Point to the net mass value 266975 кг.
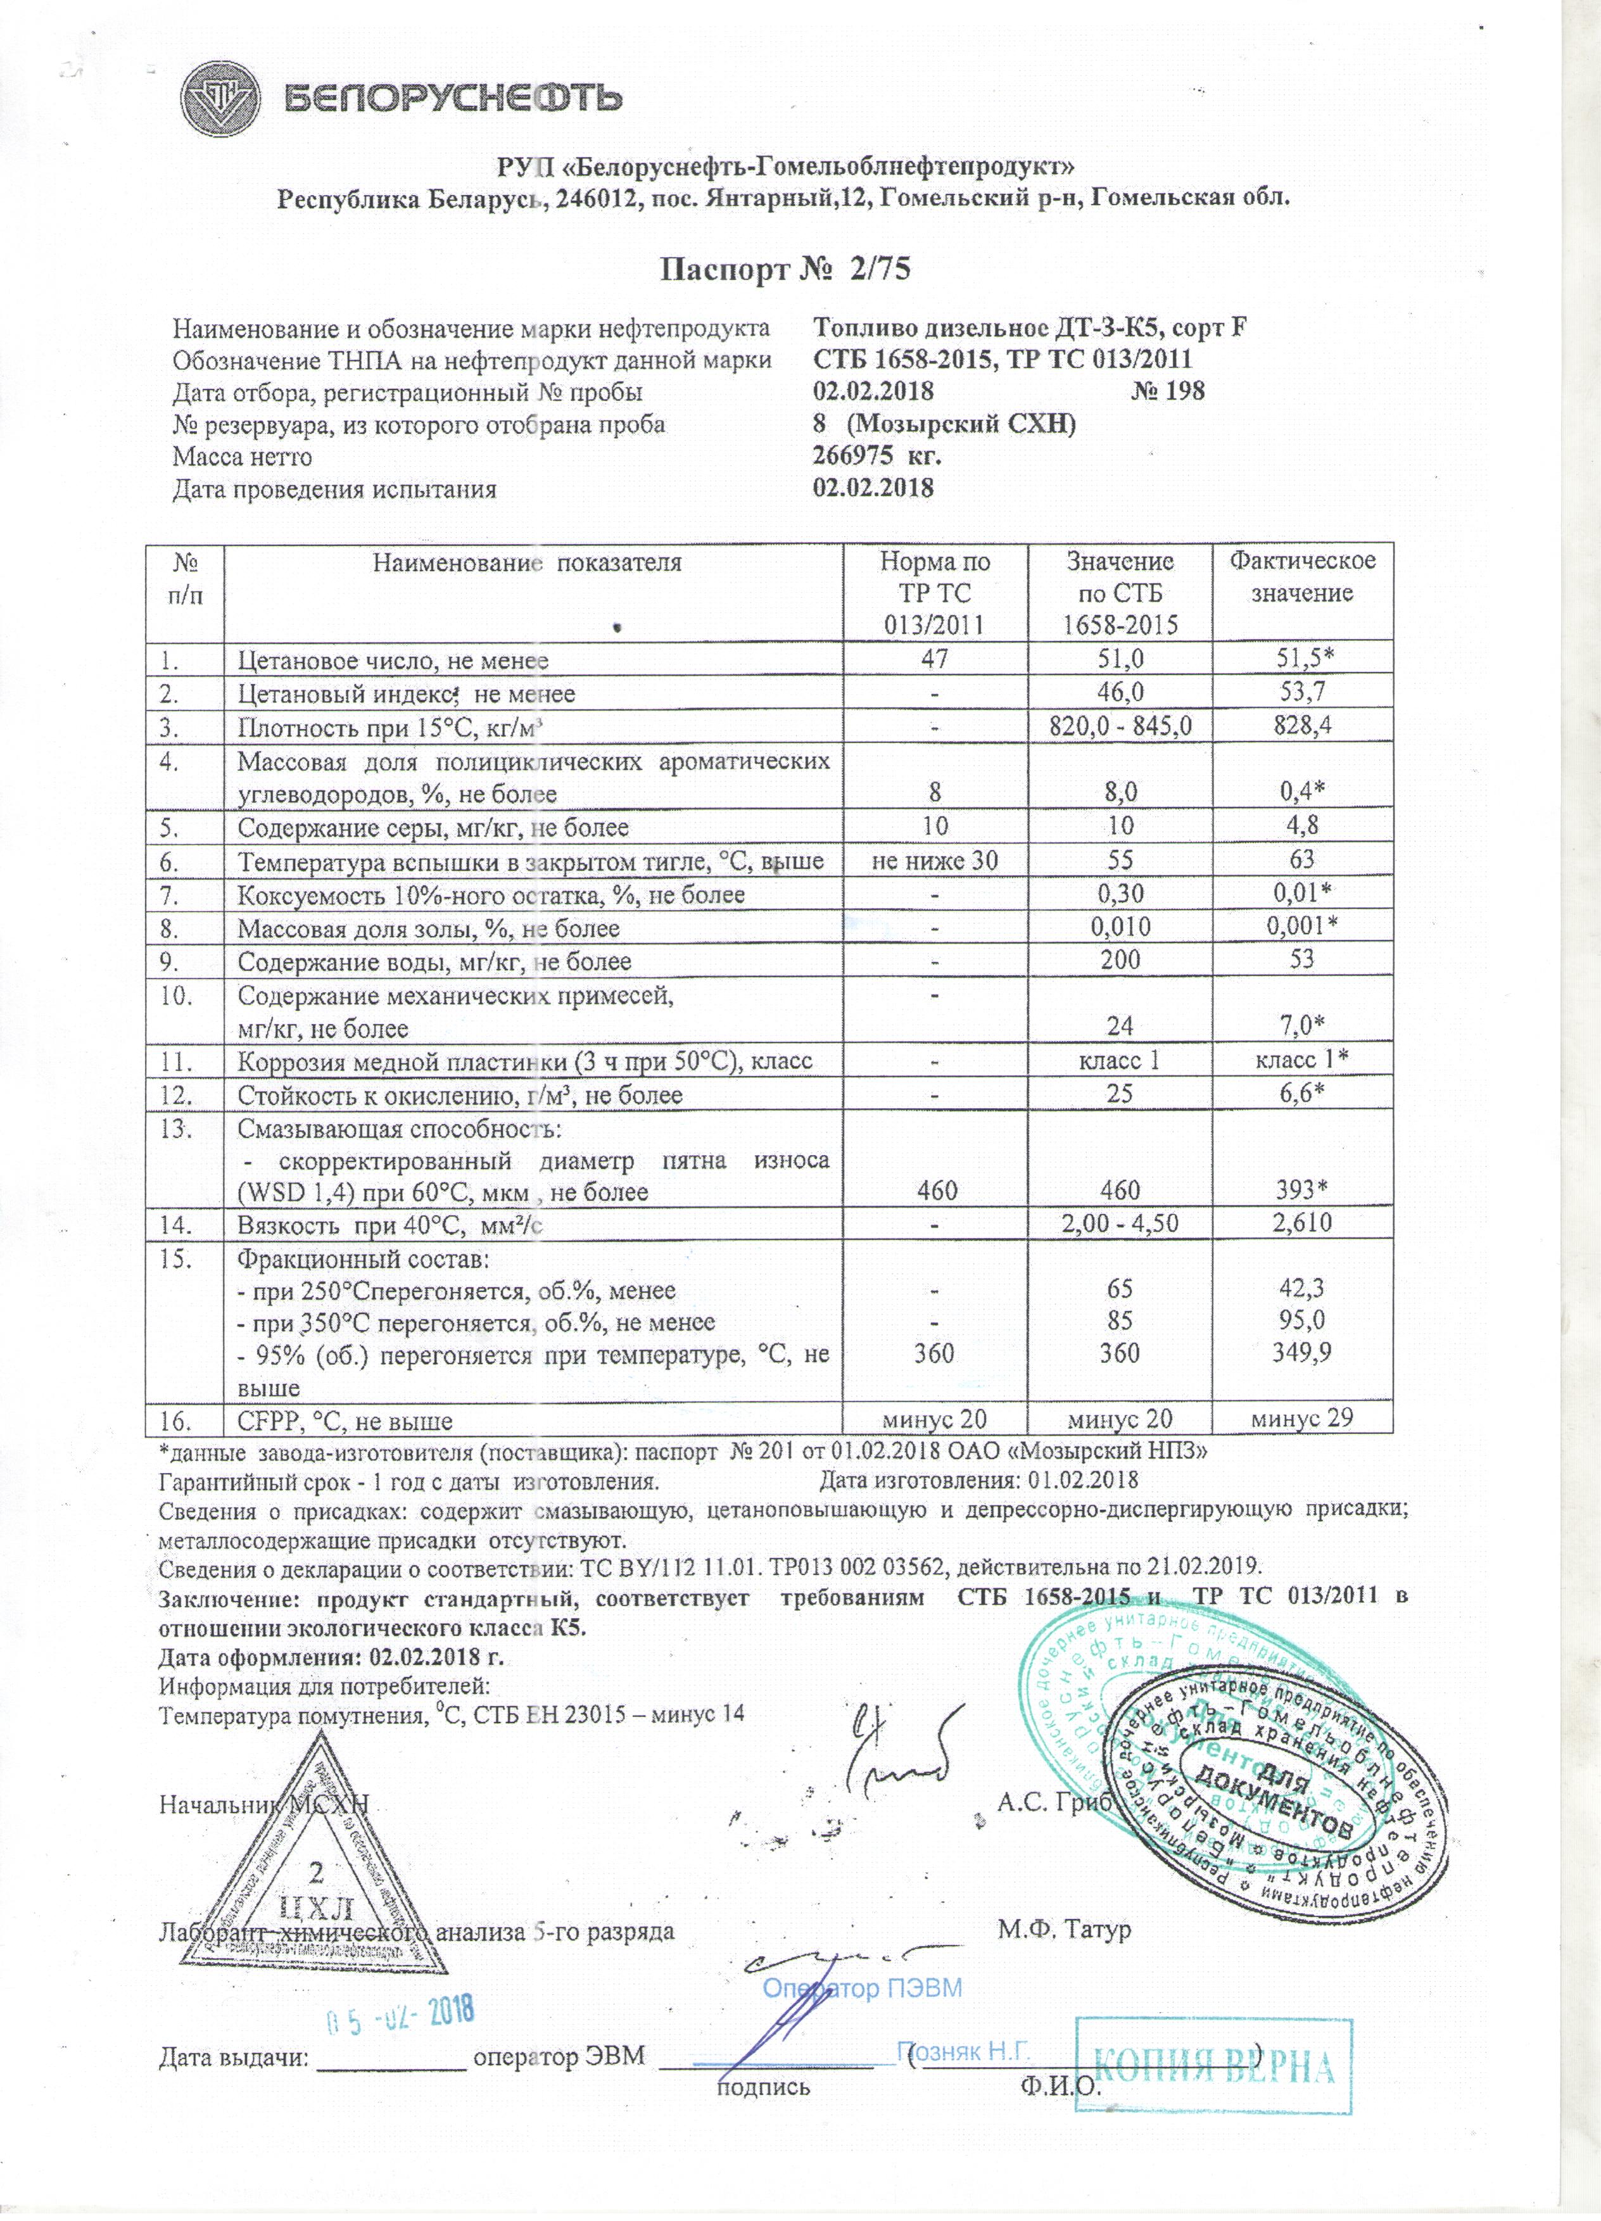[877, 457]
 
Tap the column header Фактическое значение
[1302, 577]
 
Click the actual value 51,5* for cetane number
[1301, 660]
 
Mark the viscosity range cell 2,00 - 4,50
[1119, 1223]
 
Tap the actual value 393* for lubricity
[1301, 1191]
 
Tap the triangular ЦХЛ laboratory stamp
[315, 1880]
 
